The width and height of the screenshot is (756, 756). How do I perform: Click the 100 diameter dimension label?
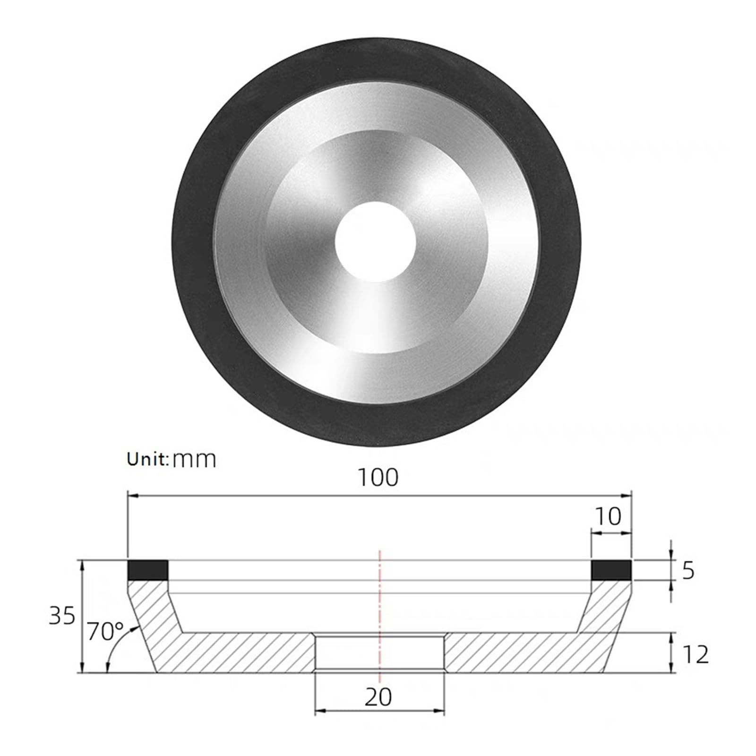click(378, 478)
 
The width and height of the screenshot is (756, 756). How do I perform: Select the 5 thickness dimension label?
click(688, 571)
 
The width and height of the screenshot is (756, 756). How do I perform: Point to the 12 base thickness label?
click(696, 655)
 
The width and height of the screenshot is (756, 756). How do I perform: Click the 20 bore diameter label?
click(378, 697)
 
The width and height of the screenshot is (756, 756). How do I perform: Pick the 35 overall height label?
click(62, 616)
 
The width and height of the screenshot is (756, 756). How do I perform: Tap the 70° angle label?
click(105, 632)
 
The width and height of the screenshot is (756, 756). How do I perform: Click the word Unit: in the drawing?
click(148, 459)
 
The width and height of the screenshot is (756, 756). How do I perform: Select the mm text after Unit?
click(194, 460)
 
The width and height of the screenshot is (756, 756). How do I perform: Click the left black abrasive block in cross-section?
click(148, 570)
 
